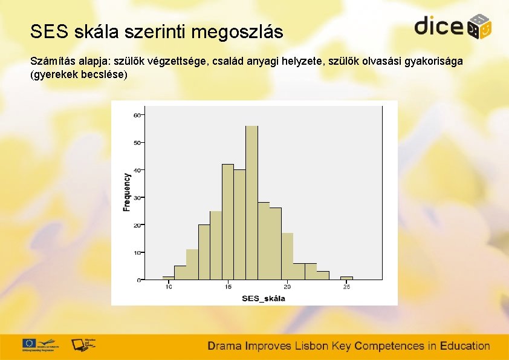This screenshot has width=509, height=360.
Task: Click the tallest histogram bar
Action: pyautogui.click(x=251, y=203)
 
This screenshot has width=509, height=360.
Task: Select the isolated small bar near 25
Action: pyautogui.click(x=346, y=278)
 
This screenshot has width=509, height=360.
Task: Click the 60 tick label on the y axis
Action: pyautogui.click(x=137, y=115)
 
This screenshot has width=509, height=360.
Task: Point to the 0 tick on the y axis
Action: pyautogui.click(x=138, y=280)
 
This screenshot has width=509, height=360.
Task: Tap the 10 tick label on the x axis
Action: pyautogui.click(x=169, y=286)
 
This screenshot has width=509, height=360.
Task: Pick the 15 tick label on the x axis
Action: pyautogui.click(x=228, y=286)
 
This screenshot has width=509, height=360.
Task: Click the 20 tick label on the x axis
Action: pyautogui.click(x=287, y=286)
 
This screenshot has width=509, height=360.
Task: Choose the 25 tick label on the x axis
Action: pyautogui.click(x=346, y=286)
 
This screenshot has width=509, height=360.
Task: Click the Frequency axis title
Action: pyautogui.click(x=127, y=192)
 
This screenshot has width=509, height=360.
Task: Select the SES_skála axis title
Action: pyautogui.click(x=263, y=298)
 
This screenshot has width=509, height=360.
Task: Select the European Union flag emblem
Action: pyautogui.click(x=29, y=342)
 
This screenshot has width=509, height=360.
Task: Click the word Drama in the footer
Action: pyautogui.click(x=225, y=346)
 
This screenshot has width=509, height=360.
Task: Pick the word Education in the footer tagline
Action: pyautogui.click(x=465, y=346)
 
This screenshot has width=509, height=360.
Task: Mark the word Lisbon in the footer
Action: pyautogui.click(x=311, y=346)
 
